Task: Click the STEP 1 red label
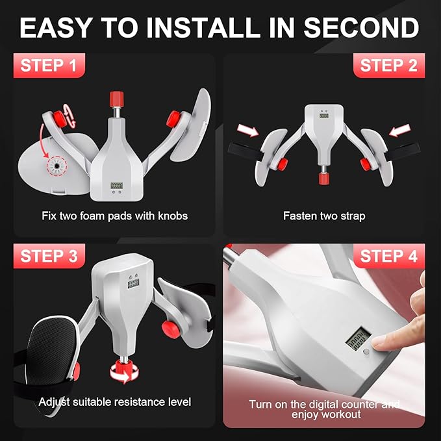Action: point(49,66)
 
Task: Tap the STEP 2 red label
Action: point(389,66)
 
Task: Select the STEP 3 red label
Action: point(49,256)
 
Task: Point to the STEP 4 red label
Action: point(389,256)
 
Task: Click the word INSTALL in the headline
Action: point(205,27)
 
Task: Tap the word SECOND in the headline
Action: point(361,27)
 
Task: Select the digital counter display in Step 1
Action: point(116,186)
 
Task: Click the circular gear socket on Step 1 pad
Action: point(57,166)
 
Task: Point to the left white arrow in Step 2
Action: point(248,130)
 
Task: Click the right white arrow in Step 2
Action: point(399,130)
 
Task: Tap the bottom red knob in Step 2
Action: point(324,179)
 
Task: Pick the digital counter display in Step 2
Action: point(324,115)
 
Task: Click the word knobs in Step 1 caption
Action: point(173,216)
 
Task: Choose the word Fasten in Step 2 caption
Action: point(297,216)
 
